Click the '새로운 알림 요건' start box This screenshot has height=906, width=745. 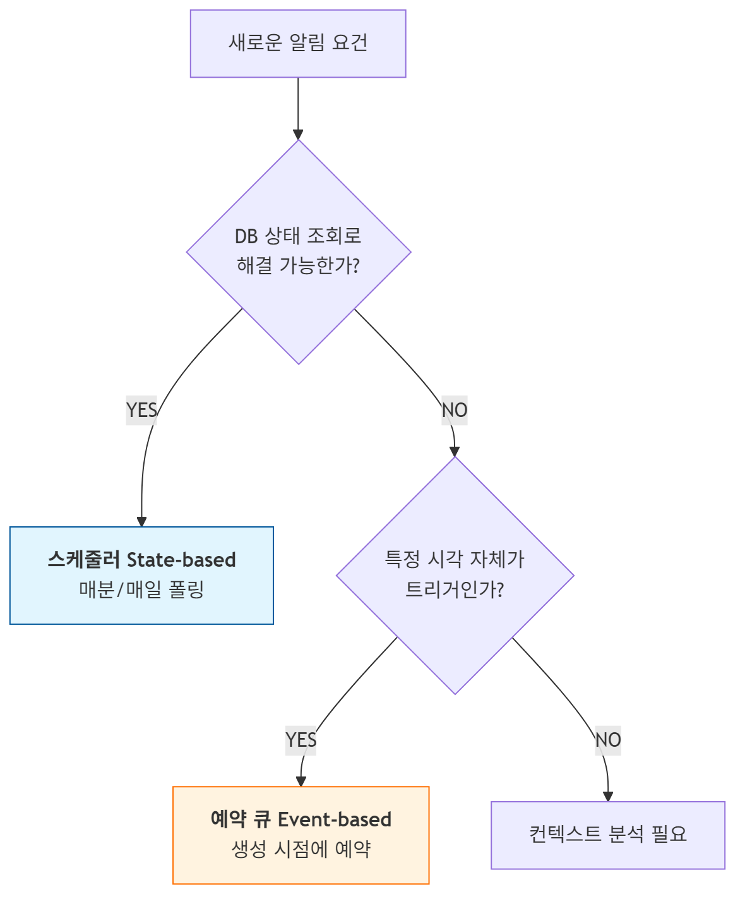click(x=298, y=44)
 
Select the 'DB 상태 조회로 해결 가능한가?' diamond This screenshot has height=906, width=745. click(x=299, y=251)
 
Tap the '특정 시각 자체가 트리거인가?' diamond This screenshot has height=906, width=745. click(x=455, y=575)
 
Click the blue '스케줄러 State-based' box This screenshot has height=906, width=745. click(x=141, y=575)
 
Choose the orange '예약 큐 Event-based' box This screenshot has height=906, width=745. click(x=301, y=835)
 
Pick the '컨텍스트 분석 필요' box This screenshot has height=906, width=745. click(x=608, y=835)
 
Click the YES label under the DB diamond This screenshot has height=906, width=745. click(x=141, y=410)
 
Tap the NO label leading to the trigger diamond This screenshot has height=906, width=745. click(x=455, y=410)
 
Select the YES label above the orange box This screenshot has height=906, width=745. click(x=301, y=740)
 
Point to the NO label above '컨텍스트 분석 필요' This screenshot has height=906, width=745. click(x=608, y=740)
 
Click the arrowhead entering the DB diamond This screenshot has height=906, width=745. click(x=298, y=134)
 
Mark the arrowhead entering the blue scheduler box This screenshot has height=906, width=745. click(x=141, y=521)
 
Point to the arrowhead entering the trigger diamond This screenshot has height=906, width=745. click(x=455, y=451)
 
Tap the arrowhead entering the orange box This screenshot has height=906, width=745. click(x=301, y=782)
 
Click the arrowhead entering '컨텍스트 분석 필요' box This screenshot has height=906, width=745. click(x=608, y=796)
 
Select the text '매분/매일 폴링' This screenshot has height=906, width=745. click(x=141, y=589)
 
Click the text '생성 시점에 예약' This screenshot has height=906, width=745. click(x=301, y=849)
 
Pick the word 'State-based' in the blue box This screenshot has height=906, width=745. click(x=181, y=560)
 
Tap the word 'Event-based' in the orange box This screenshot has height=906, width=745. click(x=335, y=819)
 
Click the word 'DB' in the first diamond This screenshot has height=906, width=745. click(x=246, y=236)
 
